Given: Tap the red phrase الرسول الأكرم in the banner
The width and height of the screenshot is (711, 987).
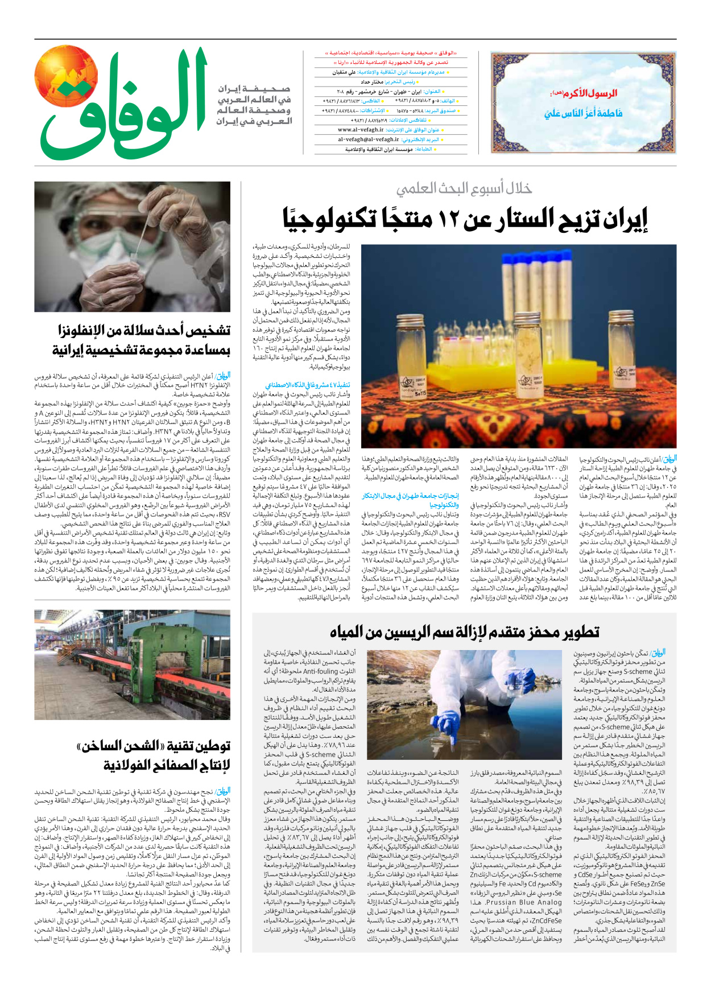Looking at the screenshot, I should [592, 93].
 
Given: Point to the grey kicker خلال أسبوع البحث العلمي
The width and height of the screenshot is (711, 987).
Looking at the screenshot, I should [464, 188].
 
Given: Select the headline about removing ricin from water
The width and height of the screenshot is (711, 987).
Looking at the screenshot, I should [464, 632].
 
